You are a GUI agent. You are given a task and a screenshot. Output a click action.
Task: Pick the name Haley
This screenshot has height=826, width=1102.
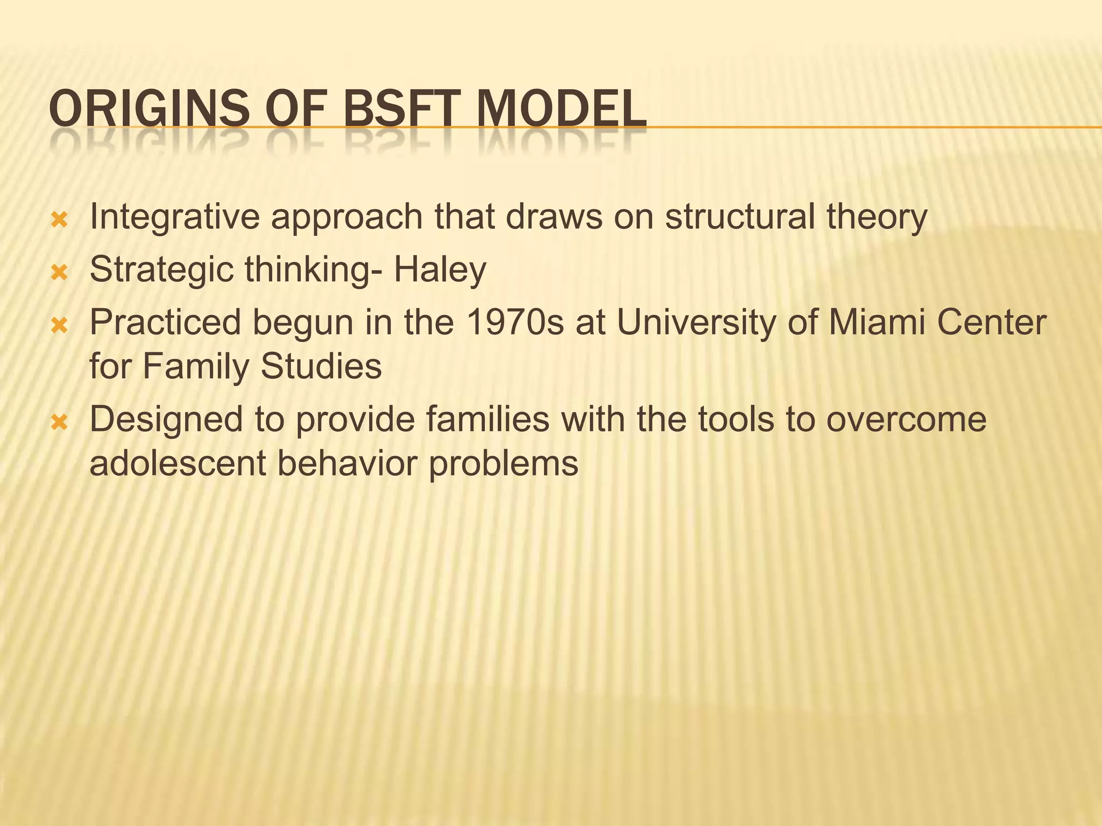(x=440, y=270)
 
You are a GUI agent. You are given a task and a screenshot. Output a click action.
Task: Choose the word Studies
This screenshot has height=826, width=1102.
(x=321, y=366)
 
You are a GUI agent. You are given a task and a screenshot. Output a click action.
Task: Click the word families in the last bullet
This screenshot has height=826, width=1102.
(x=488, y=419)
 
